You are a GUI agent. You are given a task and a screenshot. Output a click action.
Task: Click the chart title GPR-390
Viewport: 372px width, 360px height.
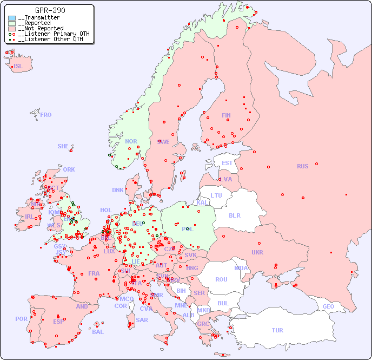(50, 10)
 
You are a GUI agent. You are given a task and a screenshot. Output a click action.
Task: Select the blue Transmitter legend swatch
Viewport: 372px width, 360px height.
(12, 18)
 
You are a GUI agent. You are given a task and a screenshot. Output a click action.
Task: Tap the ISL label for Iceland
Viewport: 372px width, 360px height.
(18, 67)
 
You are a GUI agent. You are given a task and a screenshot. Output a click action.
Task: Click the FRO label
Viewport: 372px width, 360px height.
(46, 115)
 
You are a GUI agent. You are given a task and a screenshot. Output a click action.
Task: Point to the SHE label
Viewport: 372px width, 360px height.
(63, 146)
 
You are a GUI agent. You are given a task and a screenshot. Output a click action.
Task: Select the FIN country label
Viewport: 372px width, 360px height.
(226, 115)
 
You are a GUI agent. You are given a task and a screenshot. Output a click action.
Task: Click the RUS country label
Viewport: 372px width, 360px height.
(302, 166)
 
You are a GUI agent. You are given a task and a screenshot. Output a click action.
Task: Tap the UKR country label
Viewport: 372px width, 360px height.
(257, 252)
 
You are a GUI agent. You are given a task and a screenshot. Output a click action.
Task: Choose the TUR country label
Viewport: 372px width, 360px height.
(277, 330)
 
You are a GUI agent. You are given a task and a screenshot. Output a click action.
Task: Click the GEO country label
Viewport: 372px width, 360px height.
(328, 306)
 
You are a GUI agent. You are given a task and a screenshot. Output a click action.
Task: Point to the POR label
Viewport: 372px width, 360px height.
(21, 319)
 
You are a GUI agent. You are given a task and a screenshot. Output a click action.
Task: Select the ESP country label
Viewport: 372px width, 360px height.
(58, 321)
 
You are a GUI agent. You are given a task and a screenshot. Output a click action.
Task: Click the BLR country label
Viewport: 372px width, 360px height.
(234, 215)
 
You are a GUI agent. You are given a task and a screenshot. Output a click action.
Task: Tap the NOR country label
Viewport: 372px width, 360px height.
(131, 141)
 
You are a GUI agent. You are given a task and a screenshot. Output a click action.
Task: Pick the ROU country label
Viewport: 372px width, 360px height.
(221, 279)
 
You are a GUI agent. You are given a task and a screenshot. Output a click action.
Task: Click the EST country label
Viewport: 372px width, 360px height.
(227, 163)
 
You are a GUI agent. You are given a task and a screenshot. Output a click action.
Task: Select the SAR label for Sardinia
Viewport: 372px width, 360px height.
(142, 320)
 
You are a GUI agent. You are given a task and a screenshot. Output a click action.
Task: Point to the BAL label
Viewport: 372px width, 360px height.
(98, 332)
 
